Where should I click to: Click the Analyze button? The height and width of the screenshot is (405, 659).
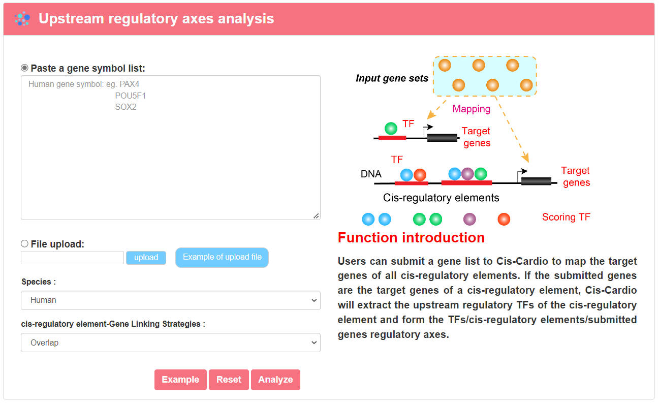click(x=275, y=380)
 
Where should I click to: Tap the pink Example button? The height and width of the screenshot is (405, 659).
click(x=180, y=380)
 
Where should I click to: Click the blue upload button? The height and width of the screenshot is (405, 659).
click(x=146, y=258)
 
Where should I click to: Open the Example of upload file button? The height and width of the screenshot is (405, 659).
click(x=222, y=257)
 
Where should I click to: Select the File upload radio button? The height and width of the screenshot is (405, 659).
click(x=25, y=244)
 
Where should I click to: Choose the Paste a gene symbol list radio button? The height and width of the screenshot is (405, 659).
click(x=25, y=68)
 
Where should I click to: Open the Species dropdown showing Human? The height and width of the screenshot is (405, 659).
click(x=171, y=300)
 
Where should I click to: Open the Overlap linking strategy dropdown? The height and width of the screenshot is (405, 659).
click(x=171, y=342)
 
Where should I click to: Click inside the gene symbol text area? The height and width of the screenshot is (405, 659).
click(x=171, y=148)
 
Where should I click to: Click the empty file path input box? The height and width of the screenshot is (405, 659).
click(x=72, y=258)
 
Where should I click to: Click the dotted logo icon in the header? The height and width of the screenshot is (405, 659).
click(x=22, y=19)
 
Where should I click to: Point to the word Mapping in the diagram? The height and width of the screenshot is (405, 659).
click(x=472, y=109)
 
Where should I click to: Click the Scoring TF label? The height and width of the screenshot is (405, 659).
click(x=566, y=217)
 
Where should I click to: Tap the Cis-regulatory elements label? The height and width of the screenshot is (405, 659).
click(x=441, y=198)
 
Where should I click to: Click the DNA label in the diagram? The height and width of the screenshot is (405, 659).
click(x=371, y=174)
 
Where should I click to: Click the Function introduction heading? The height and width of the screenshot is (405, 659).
click(x=411, y=237)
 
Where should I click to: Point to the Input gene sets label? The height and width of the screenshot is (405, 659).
click(x=392, y=78)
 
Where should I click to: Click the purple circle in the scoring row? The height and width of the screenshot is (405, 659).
click(x=469, y=220)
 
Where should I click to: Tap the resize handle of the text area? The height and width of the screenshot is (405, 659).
click(x=316, y=216)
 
